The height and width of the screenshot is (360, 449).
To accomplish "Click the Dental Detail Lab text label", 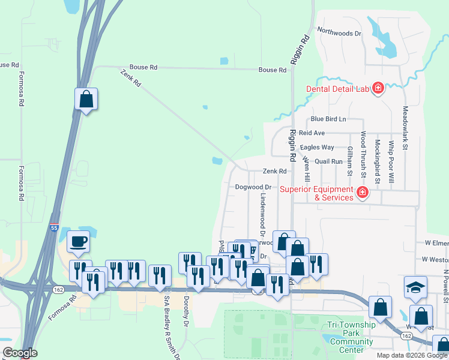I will coord(336,89).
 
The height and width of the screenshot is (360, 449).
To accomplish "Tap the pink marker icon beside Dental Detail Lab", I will coord(378,89).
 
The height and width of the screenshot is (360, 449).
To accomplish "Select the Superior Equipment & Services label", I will coord(316,193).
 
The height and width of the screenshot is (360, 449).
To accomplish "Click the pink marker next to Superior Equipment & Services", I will coord(361,193).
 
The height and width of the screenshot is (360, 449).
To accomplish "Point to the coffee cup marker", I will coord(78,242).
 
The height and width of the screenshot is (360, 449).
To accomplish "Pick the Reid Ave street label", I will coord(312,133).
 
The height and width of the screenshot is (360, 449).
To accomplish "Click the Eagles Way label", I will coord(318,147).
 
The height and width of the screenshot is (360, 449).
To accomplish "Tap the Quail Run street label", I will coord(328,161).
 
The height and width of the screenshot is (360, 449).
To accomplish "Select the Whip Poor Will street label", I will coord(391,161).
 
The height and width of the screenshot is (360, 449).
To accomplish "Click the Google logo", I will coord(20,353).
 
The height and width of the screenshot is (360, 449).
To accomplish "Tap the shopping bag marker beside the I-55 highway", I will coord(86,99).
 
